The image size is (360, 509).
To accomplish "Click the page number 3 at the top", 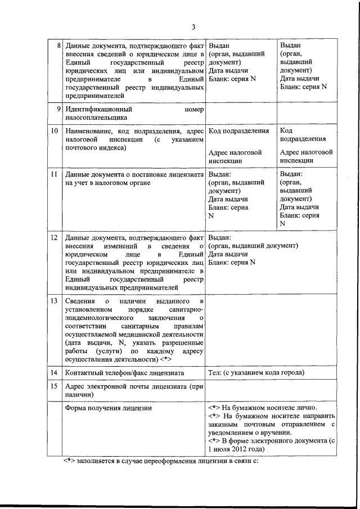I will [193, 26].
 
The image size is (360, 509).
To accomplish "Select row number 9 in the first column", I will [58, 109].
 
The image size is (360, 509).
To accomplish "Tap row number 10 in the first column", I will [55, 130].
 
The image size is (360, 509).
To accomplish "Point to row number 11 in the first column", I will [55, 174].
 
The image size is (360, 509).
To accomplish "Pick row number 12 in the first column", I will [55, 237].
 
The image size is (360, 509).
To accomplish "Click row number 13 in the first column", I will [55, 301].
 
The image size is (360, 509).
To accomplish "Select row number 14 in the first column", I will [55, 372].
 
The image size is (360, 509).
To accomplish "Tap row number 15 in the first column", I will [55, 387].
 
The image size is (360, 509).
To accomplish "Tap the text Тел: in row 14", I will [215, 372].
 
